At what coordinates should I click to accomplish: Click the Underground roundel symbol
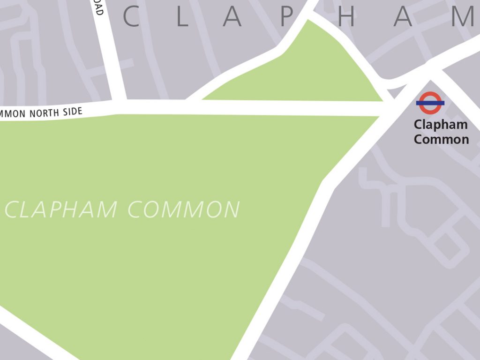click(430, 103)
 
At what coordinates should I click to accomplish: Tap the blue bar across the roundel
click(430, 103)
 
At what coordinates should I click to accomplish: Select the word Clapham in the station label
click(441, 125)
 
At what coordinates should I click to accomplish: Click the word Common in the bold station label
click(441, 139)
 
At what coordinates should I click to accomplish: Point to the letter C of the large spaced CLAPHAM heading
click(132, 17)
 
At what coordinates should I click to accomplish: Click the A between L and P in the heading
click(233, 17)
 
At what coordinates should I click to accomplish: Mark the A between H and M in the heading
click(404, 17)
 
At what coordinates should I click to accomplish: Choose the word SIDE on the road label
click(73, 111)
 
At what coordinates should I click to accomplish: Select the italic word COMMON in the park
click(184, 210)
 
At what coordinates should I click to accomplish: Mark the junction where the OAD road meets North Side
click(119, 106)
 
